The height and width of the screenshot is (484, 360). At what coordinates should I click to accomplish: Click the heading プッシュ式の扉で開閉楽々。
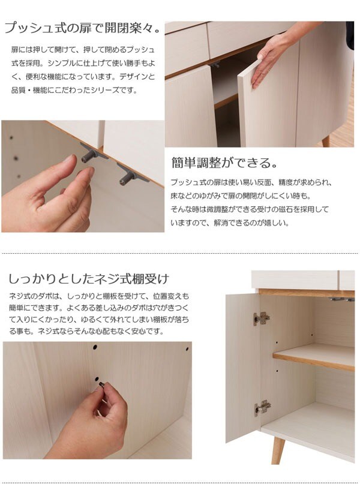point(82,28)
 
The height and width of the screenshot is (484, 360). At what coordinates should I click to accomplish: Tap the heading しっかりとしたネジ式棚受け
point(89,279)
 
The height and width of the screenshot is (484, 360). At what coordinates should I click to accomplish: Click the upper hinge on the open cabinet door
point(261,318)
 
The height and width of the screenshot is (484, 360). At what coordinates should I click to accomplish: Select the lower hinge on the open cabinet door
point(262,408)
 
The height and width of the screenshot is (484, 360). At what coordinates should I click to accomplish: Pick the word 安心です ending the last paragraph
point(146,331)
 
